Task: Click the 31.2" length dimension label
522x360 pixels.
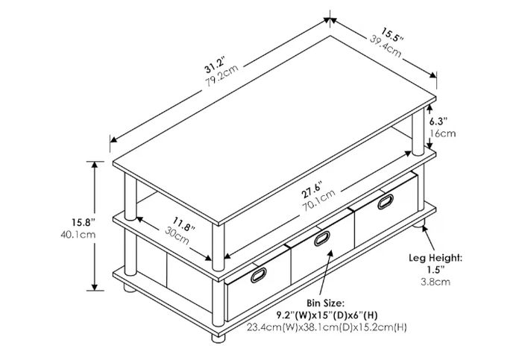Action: [216, 64]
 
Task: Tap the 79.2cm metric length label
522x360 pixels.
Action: [221, 75]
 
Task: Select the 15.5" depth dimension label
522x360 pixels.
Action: [392, 35]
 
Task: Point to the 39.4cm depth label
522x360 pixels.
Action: [386, 46]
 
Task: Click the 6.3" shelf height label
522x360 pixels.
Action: [438, 120]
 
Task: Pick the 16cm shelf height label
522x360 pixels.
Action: [442, 133]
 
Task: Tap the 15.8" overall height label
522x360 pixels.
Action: [84, 221]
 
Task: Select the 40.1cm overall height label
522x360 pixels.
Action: [78, 235]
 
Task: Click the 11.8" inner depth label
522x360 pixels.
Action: [183, 224]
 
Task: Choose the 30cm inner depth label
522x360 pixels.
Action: [177, 235]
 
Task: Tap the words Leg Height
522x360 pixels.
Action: [435, 258]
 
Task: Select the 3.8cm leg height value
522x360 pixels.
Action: [435, 282]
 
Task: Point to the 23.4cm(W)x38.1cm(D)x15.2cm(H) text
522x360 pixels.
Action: [327, 327]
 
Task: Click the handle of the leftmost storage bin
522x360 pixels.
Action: [258, 275]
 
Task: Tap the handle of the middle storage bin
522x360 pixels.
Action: [322, 239]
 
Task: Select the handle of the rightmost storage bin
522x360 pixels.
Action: [386, 202]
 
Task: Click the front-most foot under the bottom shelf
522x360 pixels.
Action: [218, 338]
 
